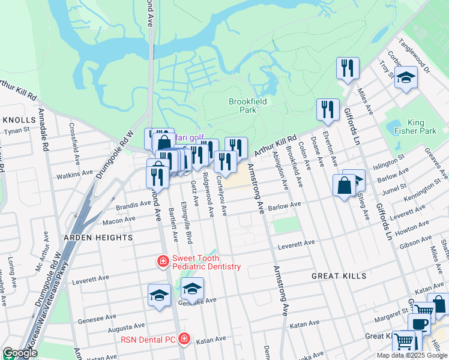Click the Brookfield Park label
[247, 106]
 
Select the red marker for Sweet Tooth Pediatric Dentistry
[162, 261]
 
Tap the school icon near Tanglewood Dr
[406, 78]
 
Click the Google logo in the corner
[20, 353]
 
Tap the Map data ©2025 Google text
[412, 355]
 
